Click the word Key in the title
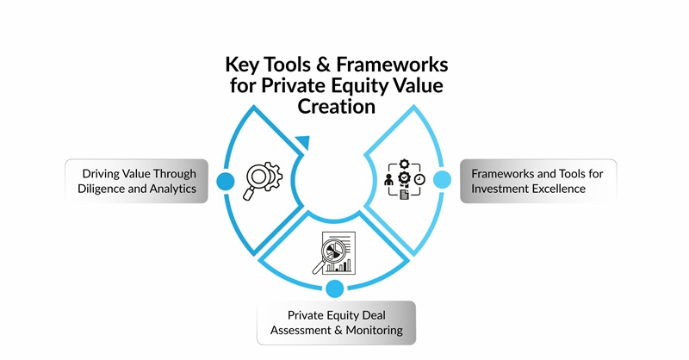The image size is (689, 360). pos(243,66)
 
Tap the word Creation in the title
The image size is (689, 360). pos(337,107)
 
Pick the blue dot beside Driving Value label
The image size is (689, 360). pos(226,181)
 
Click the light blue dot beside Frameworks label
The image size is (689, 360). pos(442,180)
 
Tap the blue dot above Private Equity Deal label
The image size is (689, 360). pos(335,289)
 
